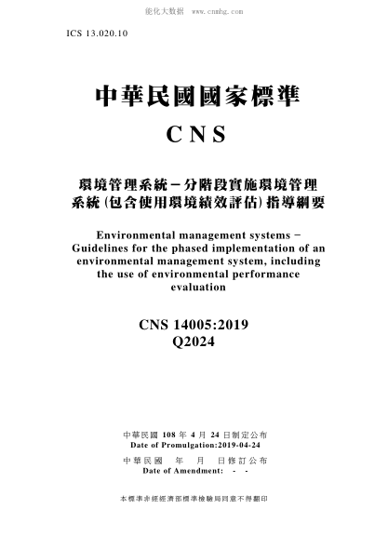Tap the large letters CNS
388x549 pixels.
click(x=195, y=134)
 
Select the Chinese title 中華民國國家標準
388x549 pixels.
click(x=195, y=96)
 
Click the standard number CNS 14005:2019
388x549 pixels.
click(x=194, y=324)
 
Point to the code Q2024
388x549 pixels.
click(x=194, y=341)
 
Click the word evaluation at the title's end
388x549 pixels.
click(x=194, y=288)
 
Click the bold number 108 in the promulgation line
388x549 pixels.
click(x=168, y=435)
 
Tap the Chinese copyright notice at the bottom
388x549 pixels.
click(x=194, y=500)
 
